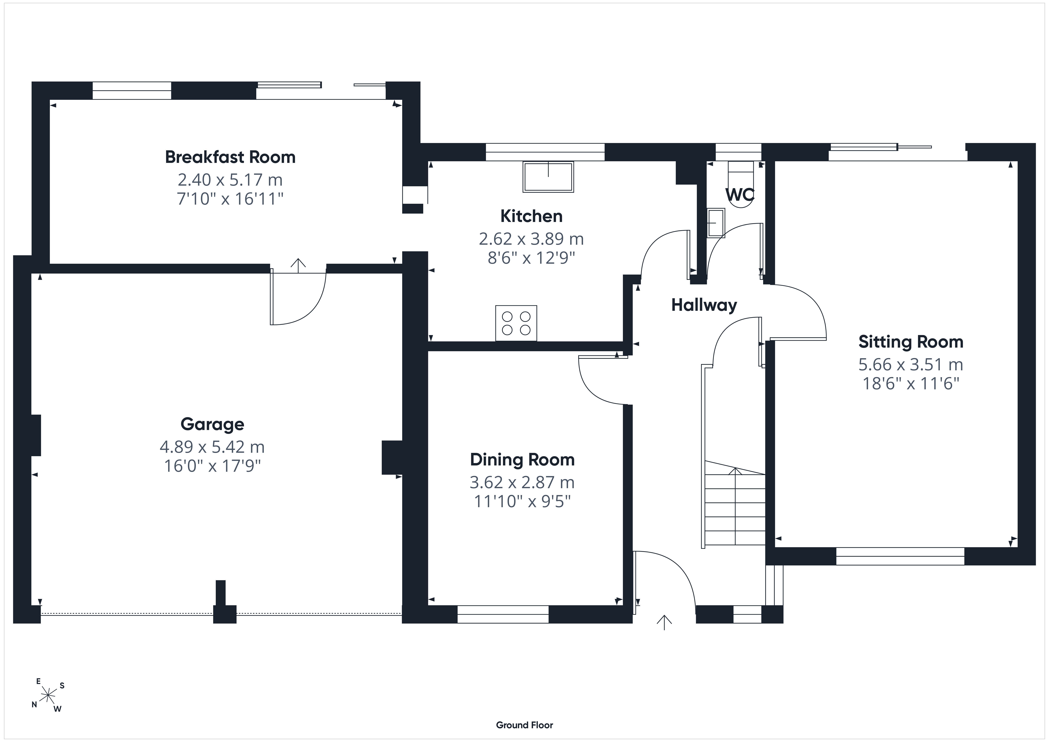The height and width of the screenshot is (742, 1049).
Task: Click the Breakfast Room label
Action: (x=230, y=157)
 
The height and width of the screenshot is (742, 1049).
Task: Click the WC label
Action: (x=740, y=195)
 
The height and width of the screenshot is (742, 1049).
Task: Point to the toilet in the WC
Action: (x=740, y=183)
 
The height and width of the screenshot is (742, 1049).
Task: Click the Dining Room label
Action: (x=522, y=459)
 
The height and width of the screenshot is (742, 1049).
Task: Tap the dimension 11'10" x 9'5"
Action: (x=522, y=501)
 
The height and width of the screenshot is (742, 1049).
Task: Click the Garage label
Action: (x=212, y=424)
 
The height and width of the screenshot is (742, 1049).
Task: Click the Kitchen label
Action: (x=531, y=216)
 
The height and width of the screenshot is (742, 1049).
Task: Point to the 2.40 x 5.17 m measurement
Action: (x=230, y=180)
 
